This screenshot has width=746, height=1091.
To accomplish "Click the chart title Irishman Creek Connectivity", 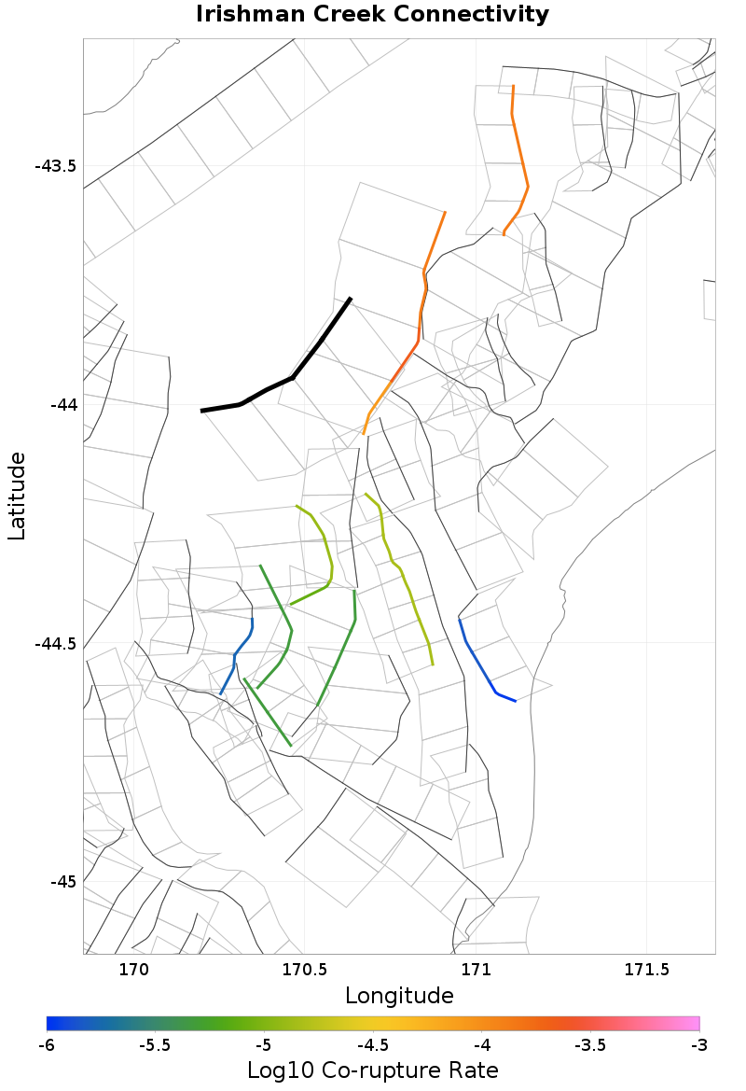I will [372, 15].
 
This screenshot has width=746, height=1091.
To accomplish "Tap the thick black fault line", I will [293, 377].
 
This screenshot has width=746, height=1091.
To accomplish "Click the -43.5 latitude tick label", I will [55, 167].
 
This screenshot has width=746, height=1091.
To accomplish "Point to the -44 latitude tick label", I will [62, 405].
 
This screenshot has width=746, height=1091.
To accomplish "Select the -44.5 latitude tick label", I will [55, 644].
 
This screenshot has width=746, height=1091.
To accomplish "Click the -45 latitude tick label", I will [62, 882].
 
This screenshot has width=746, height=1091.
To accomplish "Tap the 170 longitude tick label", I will [134, 969].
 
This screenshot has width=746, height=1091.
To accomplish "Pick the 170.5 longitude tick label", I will [305, 969].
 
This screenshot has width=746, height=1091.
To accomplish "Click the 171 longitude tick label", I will [476, 969].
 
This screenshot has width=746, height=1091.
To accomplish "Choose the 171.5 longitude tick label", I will [646, 969].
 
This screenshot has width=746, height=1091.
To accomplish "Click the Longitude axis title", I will [399, 996].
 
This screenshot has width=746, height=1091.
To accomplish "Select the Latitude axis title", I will [17, 496].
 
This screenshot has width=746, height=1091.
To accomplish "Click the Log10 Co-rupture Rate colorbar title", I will [372, 1070].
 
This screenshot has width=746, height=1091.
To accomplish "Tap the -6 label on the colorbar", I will [47, 1043].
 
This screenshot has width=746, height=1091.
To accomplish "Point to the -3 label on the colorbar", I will [698, 1043].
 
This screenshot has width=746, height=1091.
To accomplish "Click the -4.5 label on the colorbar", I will [372, 1043].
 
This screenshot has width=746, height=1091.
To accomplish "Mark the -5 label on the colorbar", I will [263, 1043].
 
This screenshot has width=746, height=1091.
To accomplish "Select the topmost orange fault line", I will [518, 159].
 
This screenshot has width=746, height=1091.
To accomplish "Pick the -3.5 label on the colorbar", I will [590, 1043].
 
